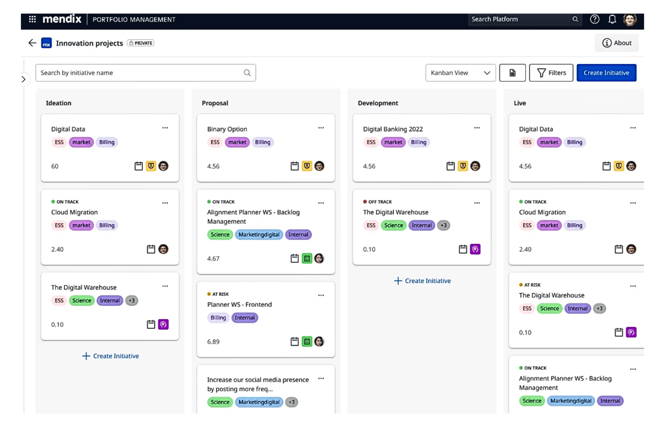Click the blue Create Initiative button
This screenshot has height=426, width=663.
606,73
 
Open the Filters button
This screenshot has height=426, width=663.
551,73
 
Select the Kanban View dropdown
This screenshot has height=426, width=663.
460,73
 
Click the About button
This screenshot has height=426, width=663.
617,43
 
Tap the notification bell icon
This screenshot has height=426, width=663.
612,19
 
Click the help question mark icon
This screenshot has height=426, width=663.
595,19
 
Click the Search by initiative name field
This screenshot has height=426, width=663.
146,73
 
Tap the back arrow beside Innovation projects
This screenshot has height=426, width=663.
32,43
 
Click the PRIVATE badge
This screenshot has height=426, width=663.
141,43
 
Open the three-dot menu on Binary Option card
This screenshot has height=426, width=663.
321,128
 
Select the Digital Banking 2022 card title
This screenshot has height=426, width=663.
393,129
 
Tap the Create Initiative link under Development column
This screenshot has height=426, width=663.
422,281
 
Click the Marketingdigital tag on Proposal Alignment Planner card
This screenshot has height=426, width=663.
259,235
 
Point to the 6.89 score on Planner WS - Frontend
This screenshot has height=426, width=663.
213,342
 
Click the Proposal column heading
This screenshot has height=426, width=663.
215,103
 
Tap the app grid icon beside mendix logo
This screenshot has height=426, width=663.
32,19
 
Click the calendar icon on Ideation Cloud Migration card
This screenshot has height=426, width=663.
151,249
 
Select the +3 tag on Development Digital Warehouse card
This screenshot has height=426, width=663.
443,225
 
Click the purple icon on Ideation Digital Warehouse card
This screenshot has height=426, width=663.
163,324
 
